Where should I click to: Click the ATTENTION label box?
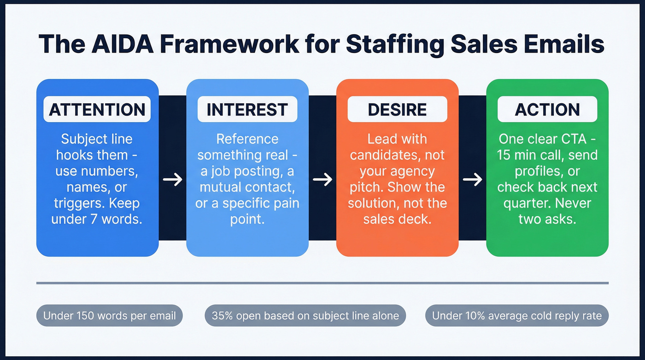click(97, 109)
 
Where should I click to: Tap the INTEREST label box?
click(247, 109)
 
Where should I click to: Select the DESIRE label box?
click(397, 109)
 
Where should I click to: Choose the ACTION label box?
click(547, 109)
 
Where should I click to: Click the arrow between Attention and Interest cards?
click(172, 180)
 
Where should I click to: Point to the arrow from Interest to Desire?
click(322, 180)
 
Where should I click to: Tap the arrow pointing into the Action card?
click(472, 180)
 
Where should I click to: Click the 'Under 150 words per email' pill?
click(109, 316)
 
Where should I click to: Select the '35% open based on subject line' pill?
click(305, 316)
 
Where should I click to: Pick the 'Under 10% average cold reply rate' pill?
click(516, 316)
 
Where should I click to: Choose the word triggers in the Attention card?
click(77, 203)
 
